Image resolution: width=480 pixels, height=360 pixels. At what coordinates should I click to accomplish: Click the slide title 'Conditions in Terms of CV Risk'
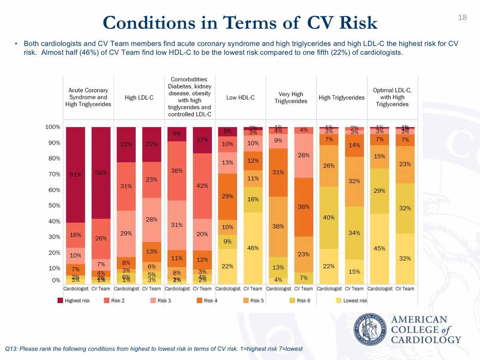coord(240,23)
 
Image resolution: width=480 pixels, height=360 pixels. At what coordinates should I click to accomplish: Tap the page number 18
coord(462,17)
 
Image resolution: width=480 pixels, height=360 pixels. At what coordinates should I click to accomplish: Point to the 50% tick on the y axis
coord(52,206)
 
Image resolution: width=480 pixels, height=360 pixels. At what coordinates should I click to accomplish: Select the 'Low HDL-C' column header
coord(240,97)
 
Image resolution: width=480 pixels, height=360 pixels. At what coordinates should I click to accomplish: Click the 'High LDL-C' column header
coord(139,97)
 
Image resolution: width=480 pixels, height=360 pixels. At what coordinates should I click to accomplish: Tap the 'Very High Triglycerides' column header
coord(291,97)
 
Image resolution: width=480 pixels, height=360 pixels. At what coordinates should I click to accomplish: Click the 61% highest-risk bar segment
coord(76,174)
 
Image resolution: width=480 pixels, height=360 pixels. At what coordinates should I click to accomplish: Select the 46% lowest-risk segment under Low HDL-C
coord(253,248)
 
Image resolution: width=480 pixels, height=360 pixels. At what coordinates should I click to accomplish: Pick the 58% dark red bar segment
coord(101,173)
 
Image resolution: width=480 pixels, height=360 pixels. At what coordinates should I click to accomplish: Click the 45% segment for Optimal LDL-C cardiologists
coord(379,248)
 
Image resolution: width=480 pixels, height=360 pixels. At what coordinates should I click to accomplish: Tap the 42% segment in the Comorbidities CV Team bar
coord(202,186)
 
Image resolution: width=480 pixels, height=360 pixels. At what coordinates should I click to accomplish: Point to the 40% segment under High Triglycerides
coord(329,218)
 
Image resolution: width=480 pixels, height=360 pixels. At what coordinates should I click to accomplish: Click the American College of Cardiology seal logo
coord(370,330)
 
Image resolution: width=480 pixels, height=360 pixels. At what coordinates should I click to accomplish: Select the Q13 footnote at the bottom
coord(154,349)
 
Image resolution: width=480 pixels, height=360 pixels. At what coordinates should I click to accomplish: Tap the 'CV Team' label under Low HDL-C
coord(253,288)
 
